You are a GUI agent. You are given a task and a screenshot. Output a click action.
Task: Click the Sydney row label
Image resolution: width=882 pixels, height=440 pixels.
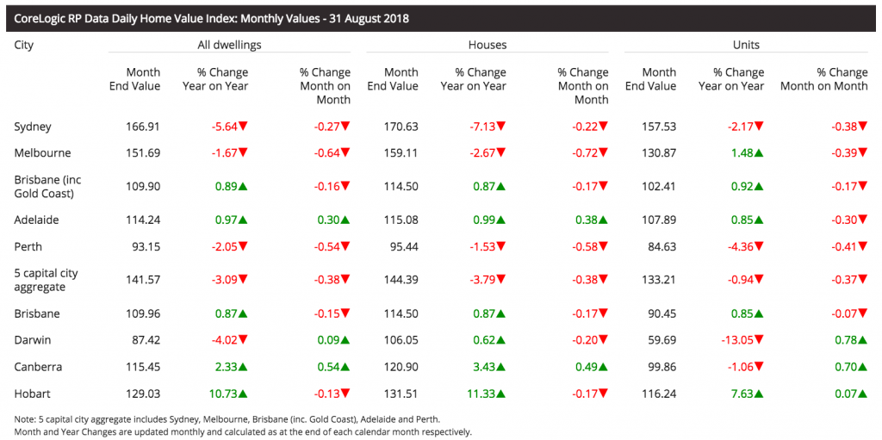(33, 127)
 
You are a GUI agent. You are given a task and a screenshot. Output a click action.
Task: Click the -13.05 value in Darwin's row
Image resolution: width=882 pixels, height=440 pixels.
(738, 340)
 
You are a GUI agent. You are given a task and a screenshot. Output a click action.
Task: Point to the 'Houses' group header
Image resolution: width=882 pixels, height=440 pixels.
(488, 44)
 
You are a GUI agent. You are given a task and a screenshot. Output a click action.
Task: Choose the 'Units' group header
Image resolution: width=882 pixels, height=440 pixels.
(746, 44)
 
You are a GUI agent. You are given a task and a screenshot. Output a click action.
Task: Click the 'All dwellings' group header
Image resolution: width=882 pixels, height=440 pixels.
(229, 44)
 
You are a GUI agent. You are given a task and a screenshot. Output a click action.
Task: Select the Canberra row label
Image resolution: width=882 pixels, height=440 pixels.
(38, 367)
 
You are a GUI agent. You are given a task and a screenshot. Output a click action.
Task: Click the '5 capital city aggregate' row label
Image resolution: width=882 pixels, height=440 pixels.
(46, 280)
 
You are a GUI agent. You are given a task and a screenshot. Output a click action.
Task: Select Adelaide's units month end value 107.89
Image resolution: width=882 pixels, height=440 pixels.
(659, 220)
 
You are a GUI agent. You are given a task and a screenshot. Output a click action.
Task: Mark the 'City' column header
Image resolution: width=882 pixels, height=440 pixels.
(24, 44)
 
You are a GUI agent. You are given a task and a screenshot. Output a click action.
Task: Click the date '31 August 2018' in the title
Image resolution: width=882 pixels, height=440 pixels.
(367, 18)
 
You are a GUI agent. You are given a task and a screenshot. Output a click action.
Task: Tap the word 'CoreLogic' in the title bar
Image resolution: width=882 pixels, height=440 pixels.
(40, 18)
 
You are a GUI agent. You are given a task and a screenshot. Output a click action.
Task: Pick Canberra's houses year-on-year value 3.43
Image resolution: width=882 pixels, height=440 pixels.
(482, 367)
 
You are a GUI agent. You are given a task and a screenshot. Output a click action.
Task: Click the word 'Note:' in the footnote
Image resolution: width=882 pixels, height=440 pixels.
(27, 419)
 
